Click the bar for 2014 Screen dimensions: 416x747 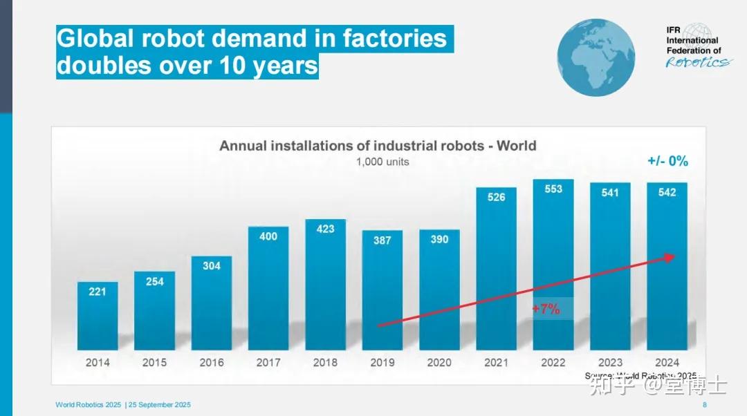tap(98, 318)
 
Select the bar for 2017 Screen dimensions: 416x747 tap(268, 290)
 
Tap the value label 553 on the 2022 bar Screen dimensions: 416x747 tap(553, 189)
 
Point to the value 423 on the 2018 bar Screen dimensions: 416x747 tap(325, 229)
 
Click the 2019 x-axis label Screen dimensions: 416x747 tap(382, 362)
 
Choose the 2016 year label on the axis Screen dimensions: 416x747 tap(212, 362)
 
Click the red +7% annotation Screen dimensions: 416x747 tap(546, 309)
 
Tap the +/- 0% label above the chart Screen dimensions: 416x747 tap(667, 161)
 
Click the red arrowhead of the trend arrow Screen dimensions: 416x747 tap(670, 257)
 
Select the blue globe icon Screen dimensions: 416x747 tap(596, 57)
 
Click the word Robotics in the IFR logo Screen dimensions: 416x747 tap(697, 62)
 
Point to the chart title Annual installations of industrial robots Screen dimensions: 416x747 tap(378, 146)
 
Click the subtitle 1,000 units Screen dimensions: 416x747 tap(382, 162)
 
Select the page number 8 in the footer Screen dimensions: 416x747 tap(704, 405)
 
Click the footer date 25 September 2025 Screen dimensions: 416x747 tap(160, 405)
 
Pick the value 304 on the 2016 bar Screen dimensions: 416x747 tap(212, 265)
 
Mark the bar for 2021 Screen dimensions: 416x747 tap(496, 270)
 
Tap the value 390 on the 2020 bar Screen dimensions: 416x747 tap(439, 239)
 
